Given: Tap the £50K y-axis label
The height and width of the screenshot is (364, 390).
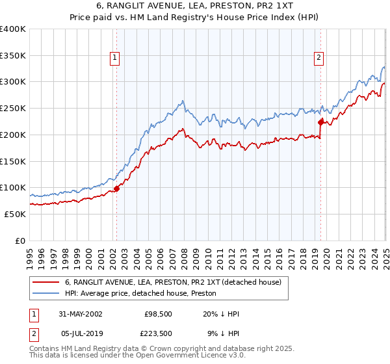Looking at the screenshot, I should (x=15, y=214).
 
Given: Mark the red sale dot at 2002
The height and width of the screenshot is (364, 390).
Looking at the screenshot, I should (x=117, y=188).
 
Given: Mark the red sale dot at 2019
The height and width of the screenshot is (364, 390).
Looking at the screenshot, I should (x=320, y=122).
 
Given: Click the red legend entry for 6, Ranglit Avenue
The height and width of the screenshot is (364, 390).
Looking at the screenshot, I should (x=172, y=282).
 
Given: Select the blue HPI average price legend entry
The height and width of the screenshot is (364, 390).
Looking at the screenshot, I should (x=144, y=293).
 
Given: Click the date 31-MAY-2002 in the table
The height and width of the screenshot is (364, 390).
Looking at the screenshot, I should (x=80, y=314).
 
